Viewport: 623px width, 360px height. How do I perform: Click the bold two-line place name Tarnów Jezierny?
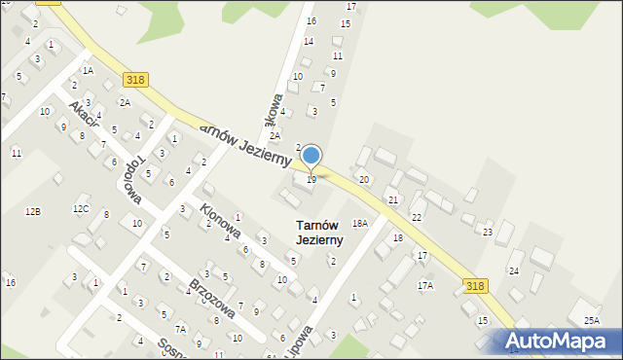(x=319, y=233)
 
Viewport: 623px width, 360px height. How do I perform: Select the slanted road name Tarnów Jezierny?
(x=244, y=144)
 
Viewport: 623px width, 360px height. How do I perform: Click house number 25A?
(x=592, y=320)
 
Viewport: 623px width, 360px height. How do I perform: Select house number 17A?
(x=425, y=285)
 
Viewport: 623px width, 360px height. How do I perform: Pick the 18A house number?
(x=360, y=223)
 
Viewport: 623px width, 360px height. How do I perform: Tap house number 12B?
(x=33, y=211)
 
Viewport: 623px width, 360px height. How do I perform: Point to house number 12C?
(x=81, y=208)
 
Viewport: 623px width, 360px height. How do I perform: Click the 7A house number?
(x=180, y=329)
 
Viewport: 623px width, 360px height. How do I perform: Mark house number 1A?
(x=88, y=71)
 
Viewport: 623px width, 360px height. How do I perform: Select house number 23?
(x=488, y=232)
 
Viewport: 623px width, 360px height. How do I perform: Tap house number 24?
(x=514, y=270)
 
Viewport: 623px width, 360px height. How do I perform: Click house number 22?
(x=417, y=217)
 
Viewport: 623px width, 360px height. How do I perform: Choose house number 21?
(x=393, y=199)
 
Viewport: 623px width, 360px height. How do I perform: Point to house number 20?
(x=364, y=179)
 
